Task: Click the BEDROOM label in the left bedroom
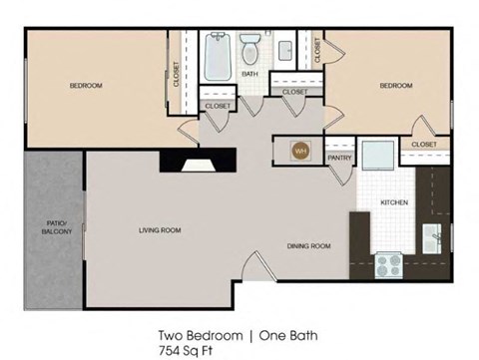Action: click(86, 86)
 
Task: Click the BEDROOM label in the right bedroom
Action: click(395, 86)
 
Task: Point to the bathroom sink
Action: click(284, 49)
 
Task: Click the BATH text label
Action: click(249, 73)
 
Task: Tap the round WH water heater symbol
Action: click(298, 151)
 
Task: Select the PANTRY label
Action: click(339, 156)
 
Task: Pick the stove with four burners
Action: click(387, 265)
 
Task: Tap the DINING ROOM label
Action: click(308, 245)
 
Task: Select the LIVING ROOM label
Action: click(160, 230)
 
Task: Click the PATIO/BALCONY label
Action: click(55, 227)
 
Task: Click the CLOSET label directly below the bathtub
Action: click(218, 105)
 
